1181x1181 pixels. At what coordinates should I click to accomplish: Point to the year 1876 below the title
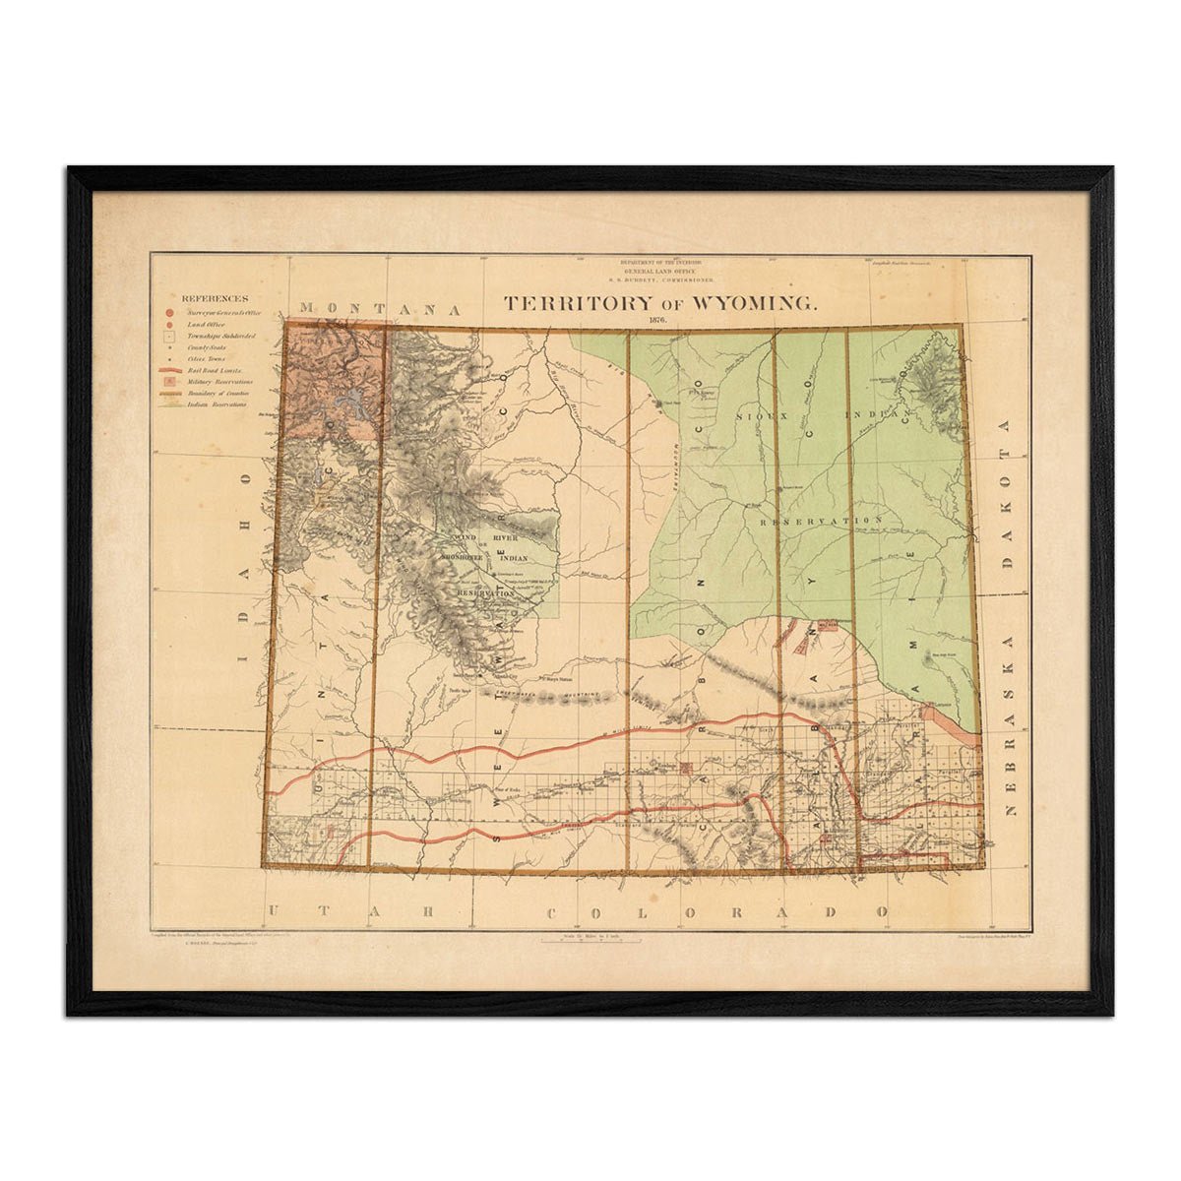pos(658,322)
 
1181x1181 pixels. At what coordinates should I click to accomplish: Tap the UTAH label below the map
pos(350,911)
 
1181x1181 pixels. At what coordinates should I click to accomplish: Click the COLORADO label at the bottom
pos(717,911)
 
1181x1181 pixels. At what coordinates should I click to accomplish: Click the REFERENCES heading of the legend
pos(215,298)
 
